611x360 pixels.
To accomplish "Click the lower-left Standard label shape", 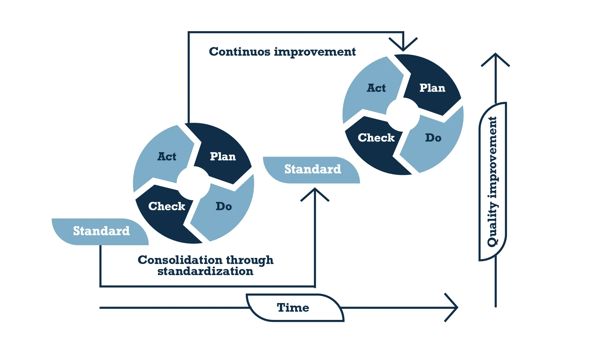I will [101, 231].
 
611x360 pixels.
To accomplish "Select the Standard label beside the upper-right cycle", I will [312, 170].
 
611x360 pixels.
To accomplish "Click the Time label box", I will [293, 308].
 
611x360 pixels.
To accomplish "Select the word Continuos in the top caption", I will [239, 52].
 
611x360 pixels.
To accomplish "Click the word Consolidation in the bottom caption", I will [180, 260].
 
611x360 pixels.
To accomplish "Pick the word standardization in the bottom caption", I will [205, 271].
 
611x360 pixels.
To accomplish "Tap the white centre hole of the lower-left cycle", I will [193, 183].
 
